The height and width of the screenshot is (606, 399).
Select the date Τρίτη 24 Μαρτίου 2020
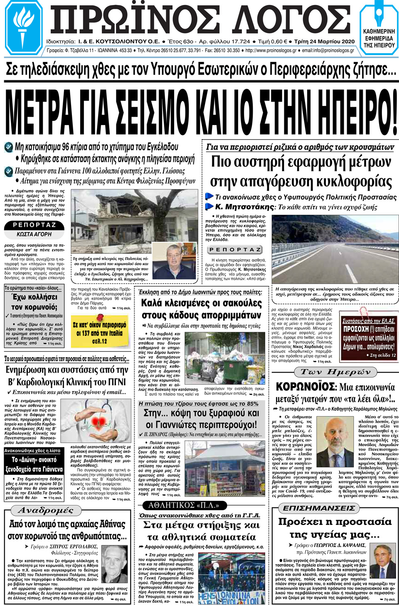(x=324, y=42)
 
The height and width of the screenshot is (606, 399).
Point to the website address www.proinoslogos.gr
(x=271, y=51)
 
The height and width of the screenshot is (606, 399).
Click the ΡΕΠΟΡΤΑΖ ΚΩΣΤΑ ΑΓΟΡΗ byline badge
(x=34, y=229)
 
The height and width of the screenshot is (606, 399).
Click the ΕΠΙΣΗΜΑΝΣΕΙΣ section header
(x=319, y=508)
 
